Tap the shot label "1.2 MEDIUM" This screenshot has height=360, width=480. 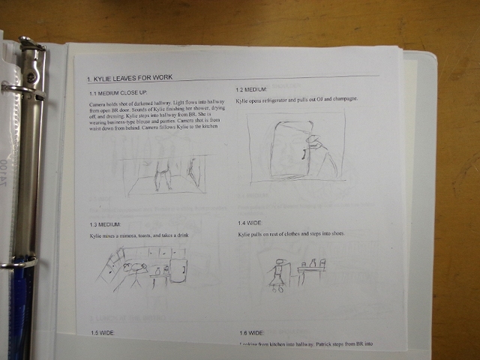tap(251, 89)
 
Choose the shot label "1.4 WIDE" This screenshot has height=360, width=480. tap(250, 223)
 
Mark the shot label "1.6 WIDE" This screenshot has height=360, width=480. tap(251, 332)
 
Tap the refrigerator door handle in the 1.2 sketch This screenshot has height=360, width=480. tap(304, 154)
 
